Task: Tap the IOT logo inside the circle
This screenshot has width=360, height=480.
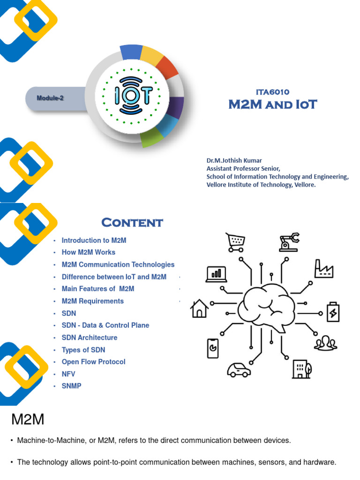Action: click(x=133, y=96)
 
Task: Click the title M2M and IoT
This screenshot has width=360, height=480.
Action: click(x=272, y=104)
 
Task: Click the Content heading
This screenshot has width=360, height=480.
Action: click(x=132, y=222)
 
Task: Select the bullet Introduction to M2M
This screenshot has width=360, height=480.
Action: click(x=94, y=240)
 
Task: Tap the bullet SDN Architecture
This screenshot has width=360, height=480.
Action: click(x=89, y=337)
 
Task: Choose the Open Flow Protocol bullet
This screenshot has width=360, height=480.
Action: click(x=93, y=362)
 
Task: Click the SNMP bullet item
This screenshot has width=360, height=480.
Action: click(x=71, y=386)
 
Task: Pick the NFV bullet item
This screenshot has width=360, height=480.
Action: click(x=68, y=374)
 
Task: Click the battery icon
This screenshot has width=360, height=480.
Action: click(x=334, y=313)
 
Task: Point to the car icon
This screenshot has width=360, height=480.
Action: click(x=239, y=370)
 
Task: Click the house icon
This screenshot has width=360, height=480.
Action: click(x=199, y=309)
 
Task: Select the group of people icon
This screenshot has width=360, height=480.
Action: click(x=325, y=344)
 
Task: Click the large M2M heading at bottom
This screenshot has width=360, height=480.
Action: click(x=28, y=420)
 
